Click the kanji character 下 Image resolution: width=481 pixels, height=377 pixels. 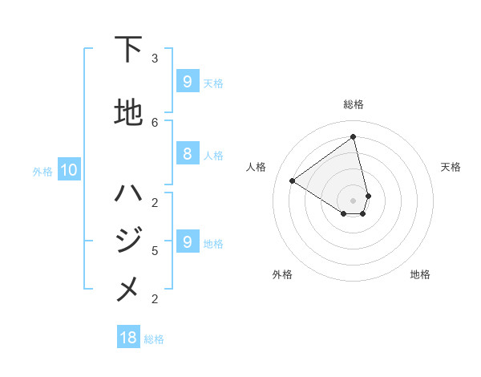click(128, 50)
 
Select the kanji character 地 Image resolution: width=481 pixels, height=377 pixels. click(128, 112)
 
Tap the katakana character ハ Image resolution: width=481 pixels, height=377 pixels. click(128, 193)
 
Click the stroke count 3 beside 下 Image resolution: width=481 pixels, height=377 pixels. click(154, 59)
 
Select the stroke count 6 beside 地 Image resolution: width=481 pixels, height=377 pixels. click(154, 122)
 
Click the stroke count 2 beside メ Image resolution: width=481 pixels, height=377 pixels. click(154, 299)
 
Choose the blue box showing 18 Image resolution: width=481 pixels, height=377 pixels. click(128, 338)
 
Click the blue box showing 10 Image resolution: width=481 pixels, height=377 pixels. click(68, 170)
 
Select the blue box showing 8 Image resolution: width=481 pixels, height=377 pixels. click(187, 154)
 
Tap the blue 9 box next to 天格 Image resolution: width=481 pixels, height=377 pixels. click(187, 82)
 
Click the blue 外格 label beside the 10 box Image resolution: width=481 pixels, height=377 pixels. click(42, 171)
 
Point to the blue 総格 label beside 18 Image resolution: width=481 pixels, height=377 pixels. click(154, 339)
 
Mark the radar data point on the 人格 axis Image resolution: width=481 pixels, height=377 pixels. click(292, 181)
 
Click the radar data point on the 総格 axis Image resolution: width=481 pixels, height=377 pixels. click(354, 137)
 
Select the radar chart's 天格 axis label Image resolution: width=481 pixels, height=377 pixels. click(451, 167)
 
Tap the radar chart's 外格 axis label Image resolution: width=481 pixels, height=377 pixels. click(282, 274)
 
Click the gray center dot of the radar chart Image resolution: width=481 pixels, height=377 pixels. click(354, 200)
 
